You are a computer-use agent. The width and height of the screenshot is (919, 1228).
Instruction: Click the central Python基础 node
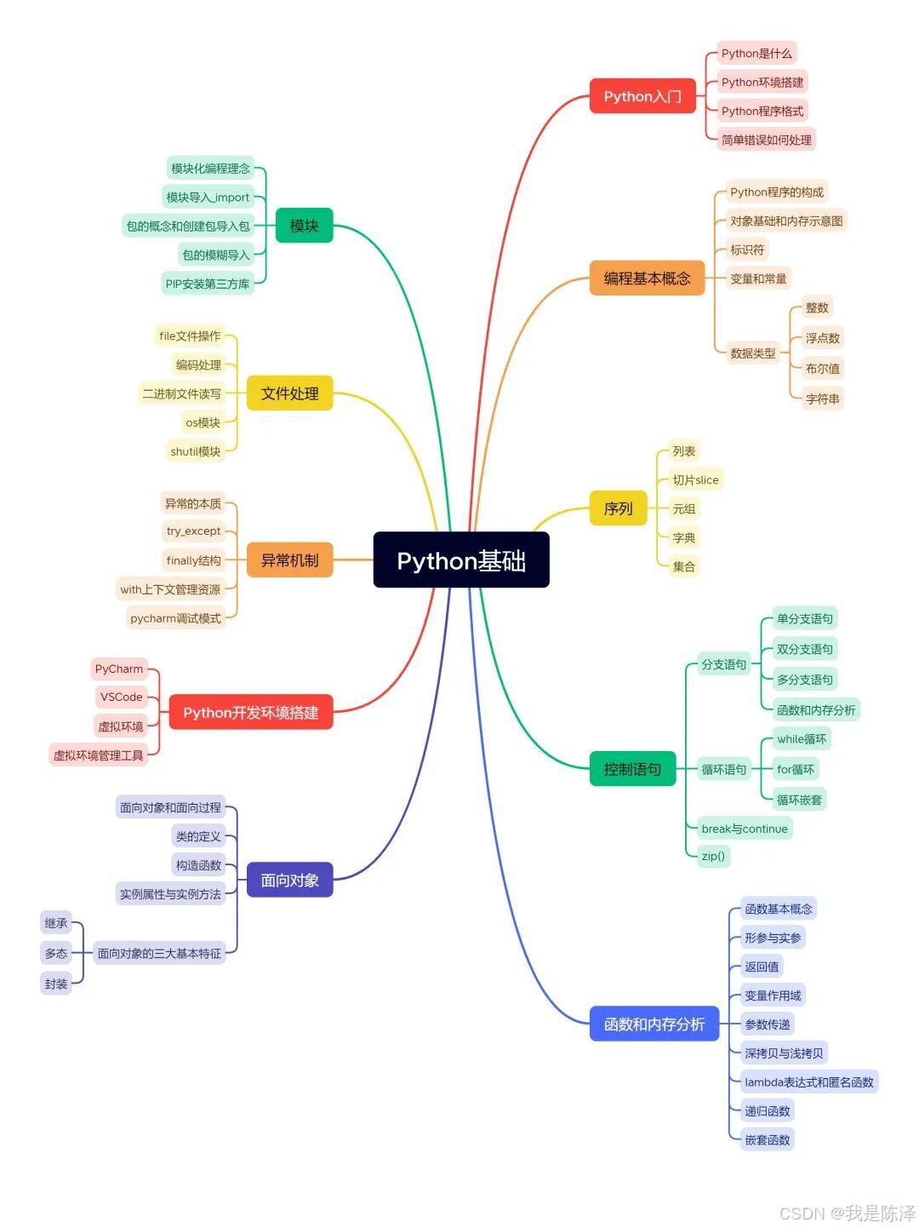[x=461, y=560]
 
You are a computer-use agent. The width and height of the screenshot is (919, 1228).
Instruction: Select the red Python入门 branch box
[x=642, y=96]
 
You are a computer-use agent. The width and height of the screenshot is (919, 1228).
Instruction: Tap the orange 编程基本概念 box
[x=647, y=278]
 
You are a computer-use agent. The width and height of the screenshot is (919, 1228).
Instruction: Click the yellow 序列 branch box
[x=618, y=508]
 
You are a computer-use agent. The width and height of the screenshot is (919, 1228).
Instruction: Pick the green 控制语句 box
[x=632, y=769]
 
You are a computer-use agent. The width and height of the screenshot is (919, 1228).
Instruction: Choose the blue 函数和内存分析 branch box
[x=654, y=1024]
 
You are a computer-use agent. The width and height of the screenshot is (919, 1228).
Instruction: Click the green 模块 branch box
[x=304, y=226]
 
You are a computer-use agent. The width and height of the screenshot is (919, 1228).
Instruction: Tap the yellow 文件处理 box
[x=289, y=393]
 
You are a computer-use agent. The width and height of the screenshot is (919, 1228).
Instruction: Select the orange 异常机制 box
[x=289, y=560]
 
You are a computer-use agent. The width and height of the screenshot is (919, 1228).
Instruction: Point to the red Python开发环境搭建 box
[x=250, y=712]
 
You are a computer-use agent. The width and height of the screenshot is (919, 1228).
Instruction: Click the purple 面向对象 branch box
[x=289, y=880]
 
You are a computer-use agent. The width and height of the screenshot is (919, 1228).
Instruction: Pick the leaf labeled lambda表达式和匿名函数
[x=808, y=1082]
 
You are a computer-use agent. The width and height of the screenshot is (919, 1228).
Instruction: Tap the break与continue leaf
[x=745, y=829]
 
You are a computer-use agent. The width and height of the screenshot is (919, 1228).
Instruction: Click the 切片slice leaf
[x=695, y=480]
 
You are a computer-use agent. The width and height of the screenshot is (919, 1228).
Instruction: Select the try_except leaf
[x=193, y=531]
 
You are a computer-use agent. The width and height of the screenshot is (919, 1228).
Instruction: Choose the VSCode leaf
[x=121, y=697]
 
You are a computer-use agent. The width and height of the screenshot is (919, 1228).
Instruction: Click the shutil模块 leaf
[x=195, y=451]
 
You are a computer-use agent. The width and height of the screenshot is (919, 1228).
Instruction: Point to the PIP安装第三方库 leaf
[x=208, y=284]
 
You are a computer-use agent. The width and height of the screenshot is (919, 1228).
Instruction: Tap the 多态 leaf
[x=56, y=953]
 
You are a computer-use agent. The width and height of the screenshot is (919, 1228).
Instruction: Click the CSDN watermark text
[x=847, y=1213]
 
